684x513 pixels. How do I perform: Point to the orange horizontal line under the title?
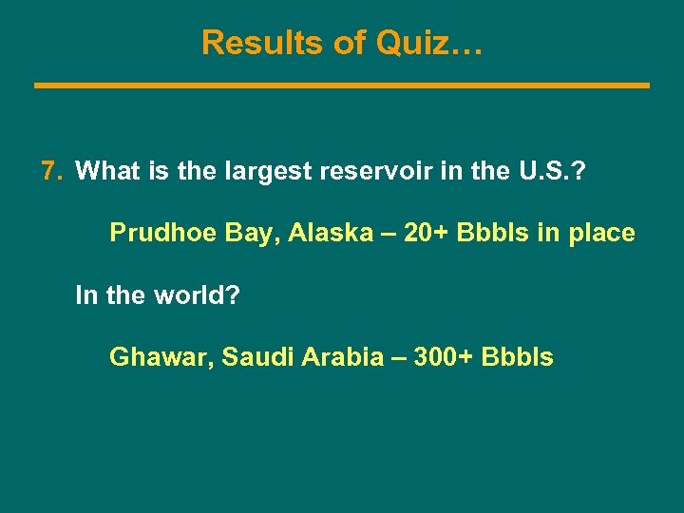click(x=342, y=85)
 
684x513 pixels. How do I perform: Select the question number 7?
click(x=51, y=171)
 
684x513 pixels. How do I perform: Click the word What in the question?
click(x=105, y=171)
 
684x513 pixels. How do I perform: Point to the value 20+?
click(x=426, y=233)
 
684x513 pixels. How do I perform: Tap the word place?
click(x=600, y=233)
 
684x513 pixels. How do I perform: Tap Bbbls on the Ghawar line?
click(x=518, y=357)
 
